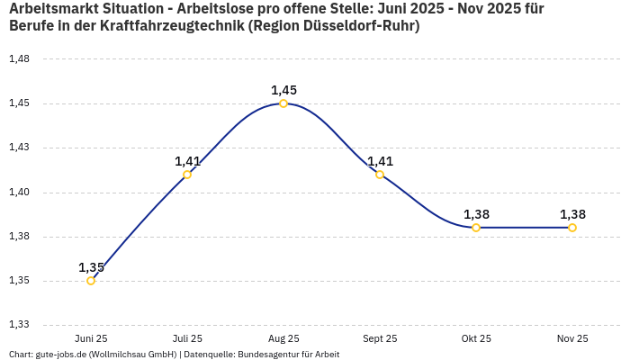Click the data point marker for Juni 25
[x=91, y=281]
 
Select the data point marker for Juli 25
[x=187, y=175]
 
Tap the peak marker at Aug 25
[x=283, y=103]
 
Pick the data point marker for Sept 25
[x=380, y=175]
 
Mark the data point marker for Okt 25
[x=476, y=228]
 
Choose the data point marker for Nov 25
[x=572, y=228]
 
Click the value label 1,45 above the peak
[x=283, y=90]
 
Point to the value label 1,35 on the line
[x=91, y=267]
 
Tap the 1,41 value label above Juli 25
[x=187, y=161]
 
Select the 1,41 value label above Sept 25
[x=380, y=161]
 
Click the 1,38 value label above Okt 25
[x=476, y=214]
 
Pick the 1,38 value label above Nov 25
[x=572, y=214]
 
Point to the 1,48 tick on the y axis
[x=19, y=59]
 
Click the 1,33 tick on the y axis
[x=19, y=325]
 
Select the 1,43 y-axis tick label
[x=19, y=148]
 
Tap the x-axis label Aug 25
[x=283, y=338]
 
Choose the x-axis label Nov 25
[x=572, y=338]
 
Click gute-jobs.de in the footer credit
[x=62, y=355]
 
